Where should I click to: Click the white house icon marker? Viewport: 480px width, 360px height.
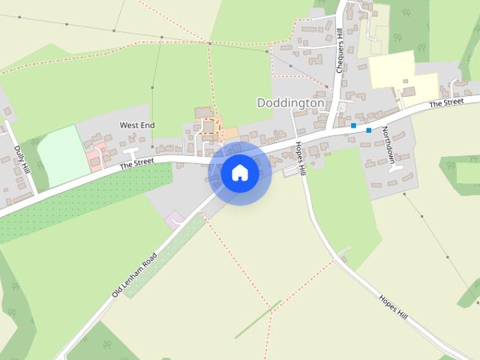coord(240,172)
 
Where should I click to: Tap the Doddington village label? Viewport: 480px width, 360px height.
coord(291,102)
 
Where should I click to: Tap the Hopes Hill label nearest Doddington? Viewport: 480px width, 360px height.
coord(300,157)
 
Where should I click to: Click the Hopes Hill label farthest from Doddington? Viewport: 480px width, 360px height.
coord(392,307)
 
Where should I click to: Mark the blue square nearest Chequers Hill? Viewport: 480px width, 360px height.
coord(353,125)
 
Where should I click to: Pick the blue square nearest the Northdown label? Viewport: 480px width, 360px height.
coord(369,130)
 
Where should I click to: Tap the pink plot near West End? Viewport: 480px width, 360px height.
coord(94,158)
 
